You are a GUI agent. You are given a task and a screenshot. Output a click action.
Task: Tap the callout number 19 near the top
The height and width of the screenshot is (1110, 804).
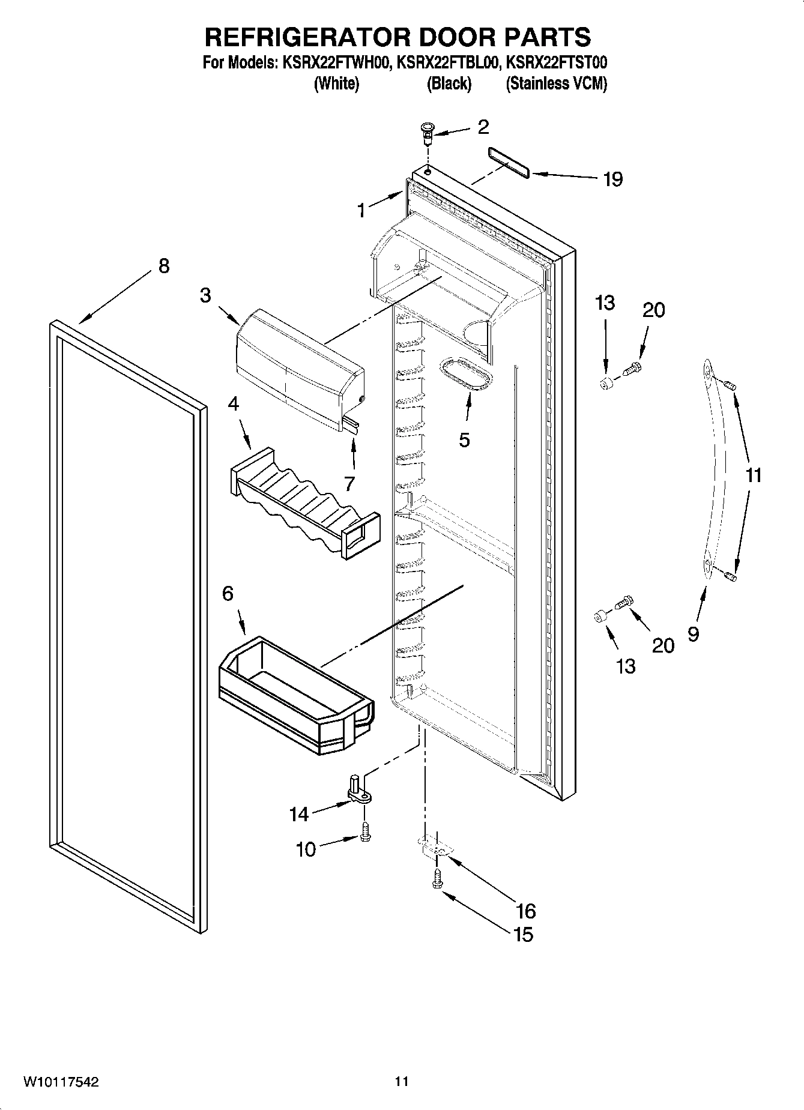click(x=612, y=179)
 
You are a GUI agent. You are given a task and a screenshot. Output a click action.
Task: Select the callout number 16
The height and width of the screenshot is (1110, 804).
click(x=525, y=911)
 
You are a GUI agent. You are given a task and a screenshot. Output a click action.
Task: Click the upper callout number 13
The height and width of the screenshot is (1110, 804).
click(x=605, y=303)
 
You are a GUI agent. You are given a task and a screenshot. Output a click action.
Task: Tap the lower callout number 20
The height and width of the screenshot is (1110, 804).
click(x=663, y=645)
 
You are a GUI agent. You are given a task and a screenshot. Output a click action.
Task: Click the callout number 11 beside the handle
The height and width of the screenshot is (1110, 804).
click(x=753, y=475)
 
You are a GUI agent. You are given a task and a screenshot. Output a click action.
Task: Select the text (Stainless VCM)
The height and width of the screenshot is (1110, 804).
click(x=556, y=83)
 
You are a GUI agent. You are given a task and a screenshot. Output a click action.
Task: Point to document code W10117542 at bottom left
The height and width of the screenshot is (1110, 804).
click(x=61, y=1081)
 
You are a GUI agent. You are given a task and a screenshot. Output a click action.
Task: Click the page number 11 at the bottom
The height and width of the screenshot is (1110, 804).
click(x=402, y=1081)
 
